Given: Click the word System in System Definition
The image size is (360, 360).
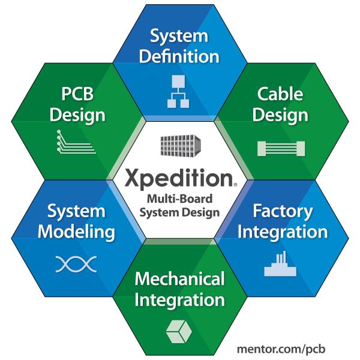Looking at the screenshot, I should click(x=179, y=35).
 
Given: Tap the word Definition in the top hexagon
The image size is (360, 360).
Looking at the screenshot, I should click(x=179, y=57).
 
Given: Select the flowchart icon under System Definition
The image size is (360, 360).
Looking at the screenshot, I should click(x=179, y=91).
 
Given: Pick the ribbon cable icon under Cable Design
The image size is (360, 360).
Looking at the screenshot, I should click(x=280, y=148).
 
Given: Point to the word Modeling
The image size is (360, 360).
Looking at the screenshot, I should click(x=77, y=232).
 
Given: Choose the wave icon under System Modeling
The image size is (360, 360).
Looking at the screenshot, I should click(x=76, y=264).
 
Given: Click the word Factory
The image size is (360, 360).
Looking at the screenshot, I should click(x=283, y=211).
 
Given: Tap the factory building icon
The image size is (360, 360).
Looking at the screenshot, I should click(x=281, y=264).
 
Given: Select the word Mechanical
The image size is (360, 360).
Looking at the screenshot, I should click(x=179, y=279).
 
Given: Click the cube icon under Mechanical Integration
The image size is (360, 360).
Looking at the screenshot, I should click(x=179, y=329).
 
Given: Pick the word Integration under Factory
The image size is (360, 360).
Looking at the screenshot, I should click(x=283, y=232).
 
